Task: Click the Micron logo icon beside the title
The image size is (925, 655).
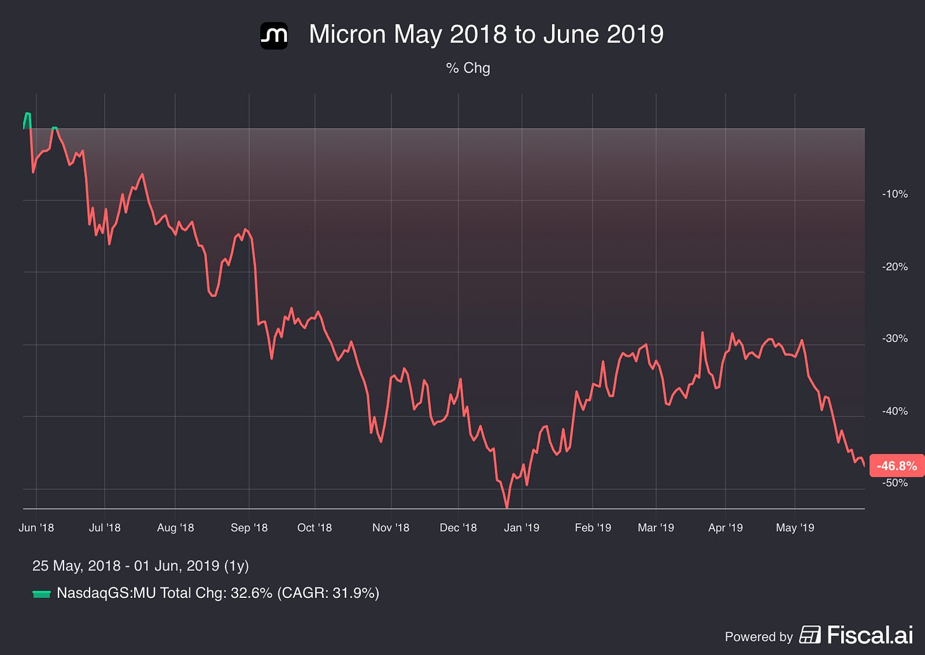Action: point(274,36)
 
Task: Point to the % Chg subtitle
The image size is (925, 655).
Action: point(468,68)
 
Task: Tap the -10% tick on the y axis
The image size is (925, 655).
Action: point(895,194)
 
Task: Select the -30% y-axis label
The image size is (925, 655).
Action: point(895,339)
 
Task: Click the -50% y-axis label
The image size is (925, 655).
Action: point(895,483)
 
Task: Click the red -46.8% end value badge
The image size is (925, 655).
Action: point(897,466)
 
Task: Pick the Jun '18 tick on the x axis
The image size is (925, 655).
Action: point(36,527)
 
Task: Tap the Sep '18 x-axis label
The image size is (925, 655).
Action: point(249,527)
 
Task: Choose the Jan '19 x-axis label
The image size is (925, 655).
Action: point(522,527)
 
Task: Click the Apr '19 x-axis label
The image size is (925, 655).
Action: point(726,527)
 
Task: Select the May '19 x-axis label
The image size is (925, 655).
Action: point(795,527)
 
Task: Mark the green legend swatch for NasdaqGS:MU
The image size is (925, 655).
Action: point(41,594)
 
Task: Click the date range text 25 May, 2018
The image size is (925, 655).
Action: point(76,566)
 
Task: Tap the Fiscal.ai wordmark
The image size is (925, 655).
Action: point(870,635)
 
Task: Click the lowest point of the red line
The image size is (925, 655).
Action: point(507,507)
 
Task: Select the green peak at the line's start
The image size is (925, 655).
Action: point(28,114)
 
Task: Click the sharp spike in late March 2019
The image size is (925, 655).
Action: point(702,333)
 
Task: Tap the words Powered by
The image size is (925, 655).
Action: point(759,637)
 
